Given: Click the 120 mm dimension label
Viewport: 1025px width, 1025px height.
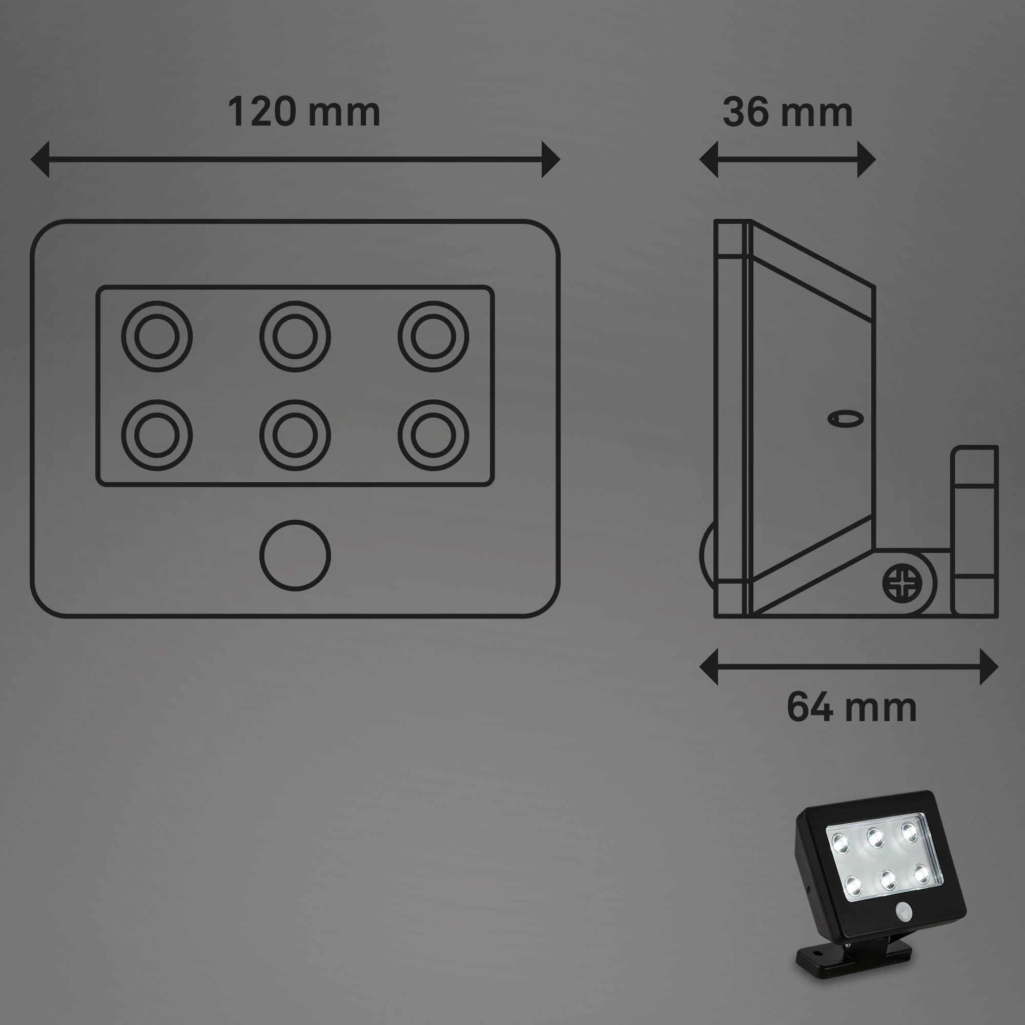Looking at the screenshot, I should point(304,112).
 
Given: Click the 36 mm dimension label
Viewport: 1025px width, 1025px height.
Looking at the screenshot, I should point(787,112).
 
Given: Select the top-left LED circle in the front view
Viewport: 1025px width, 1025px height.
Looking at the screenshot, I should point(156,336).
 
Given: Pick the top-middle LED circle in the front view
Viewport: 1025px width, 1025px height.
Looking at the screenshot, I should point(295,336).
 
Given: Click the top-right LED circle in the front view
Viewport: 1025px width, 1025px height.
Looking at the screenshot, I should point(434,336).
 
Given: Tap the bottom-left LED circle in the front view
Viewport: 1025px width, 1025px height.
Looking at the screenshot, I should point(156,435).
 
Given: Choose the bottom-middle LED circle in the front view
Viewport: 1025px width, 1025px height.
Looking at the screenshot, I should point(295,435).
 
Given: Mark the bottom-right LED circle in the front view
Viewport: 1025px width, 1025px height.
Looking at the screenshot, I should point(434,435).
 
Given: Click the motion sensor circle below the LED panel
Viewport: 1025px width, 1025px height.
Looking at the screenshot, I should point(295,555).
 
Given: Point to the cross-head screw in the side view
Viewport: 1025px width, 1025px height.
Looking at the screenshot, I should point(900,583).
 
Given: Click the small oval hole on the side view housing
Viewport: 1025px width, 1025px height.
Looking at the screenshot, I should point(846,419).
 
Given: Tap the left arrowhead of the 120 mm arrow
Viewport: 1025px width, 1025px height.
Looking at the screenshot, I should point(40,159).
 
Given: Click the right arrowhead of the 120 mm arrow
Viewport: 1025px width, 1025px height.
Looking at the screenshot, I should point(551,159).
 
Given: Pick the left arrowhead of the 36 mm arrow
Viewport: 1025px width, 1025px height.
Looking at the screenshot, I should point(709,159).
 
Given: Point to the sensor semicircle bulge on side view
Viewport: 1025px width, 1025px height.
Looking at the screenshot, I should point(706,555).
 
